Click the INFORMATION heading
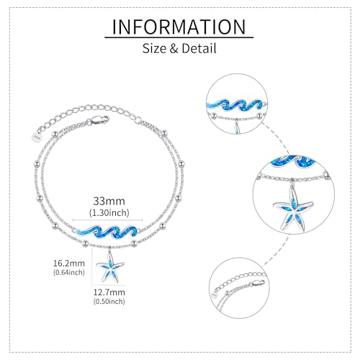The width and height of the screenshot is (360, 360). tap(179, 27)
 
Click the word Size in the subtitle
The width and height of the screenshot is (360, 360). tap(154, 48)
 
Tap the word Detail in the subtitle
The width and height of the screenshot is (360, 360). tap(199, 48)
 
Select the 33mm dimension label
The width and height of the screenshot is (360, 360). tap(109, 201)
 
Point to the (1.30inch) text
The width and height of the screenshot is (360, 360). tap(109, 212)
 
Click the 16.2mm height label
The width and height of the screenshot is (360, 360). tap(69, 264)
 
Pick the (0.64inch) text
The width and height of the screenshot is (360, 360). tap(69, 272)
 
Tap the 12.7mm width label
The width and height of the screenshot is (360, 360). tap(109, 292)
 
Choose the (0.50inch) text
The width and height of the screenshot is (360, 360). tap(109, 302)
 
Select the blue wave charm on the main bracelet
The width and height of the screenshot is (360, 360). tap(107, 233)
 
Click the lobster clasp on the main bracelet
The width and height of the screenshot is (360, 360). tap(99, 120)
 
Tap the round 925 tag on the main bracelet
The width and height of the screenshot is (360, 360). tap(37, 137)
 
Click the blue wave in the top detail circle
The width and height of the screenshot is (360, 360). tap(235, 105)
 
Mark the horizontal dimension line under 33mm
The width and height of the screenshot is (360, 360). tap(107, 220)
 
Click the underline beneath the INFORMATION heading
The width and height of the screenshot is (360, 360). tap(179, 37)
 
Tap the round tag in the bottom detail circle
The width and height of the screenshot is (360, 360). tap(215, 294)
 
